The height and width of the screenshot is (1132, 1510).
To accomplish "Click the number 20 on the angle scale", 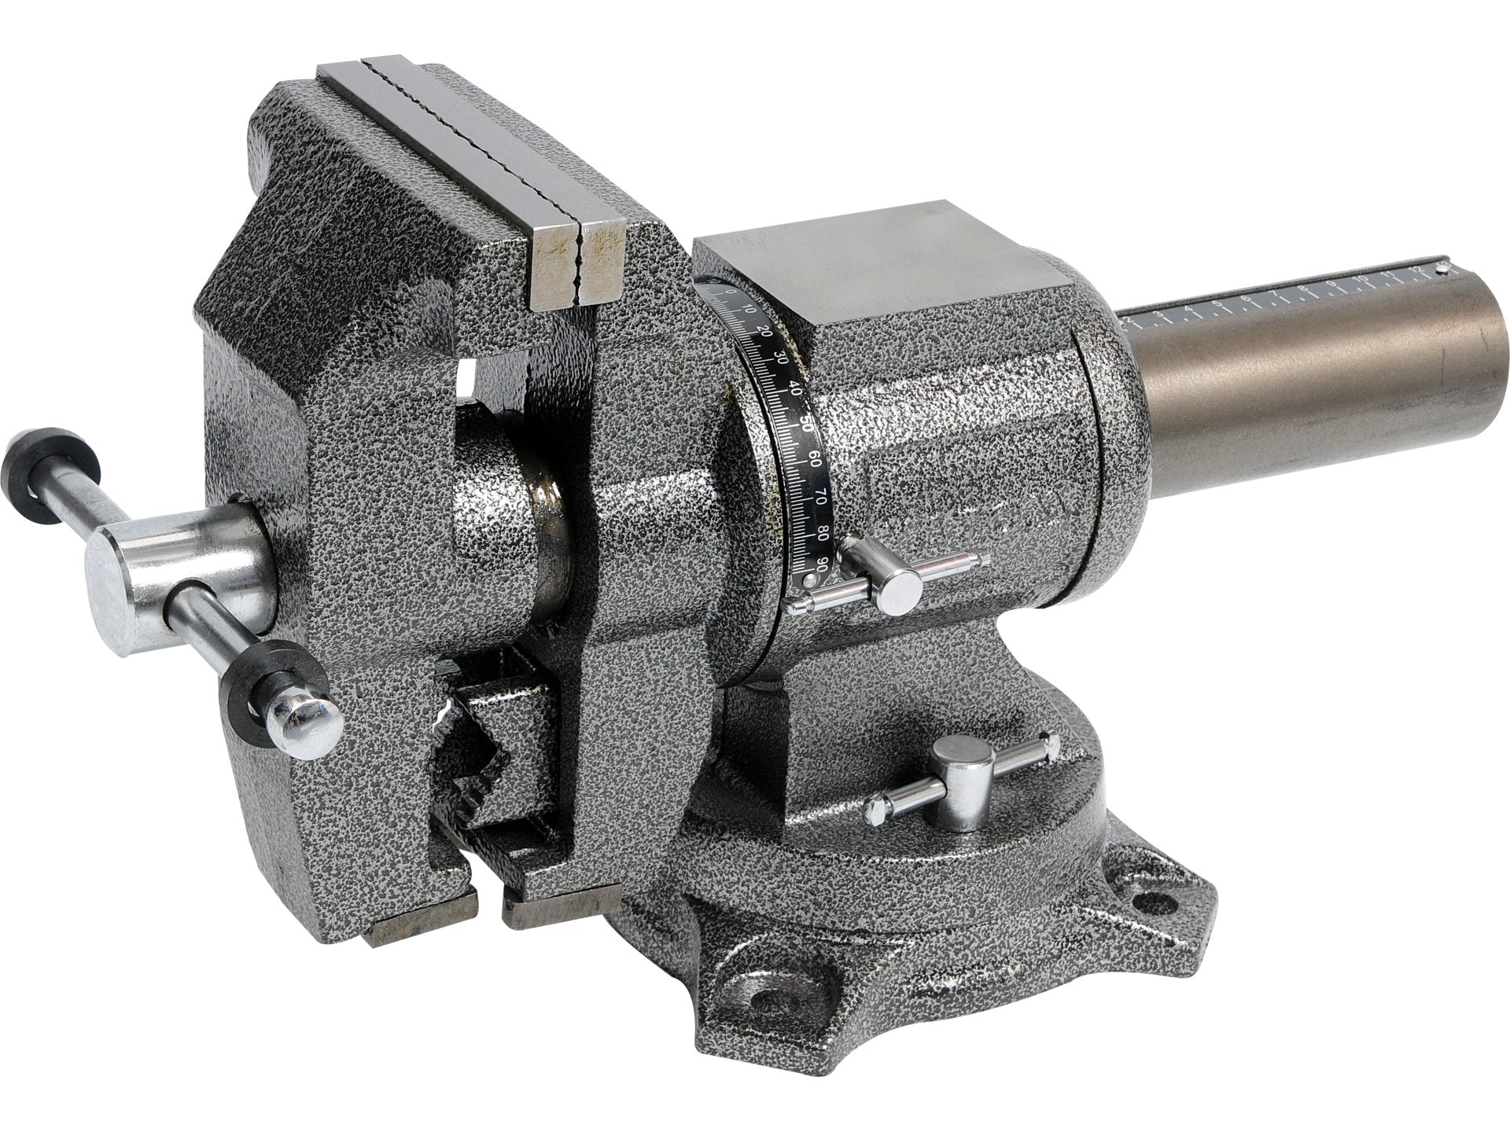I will point(764,333).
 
